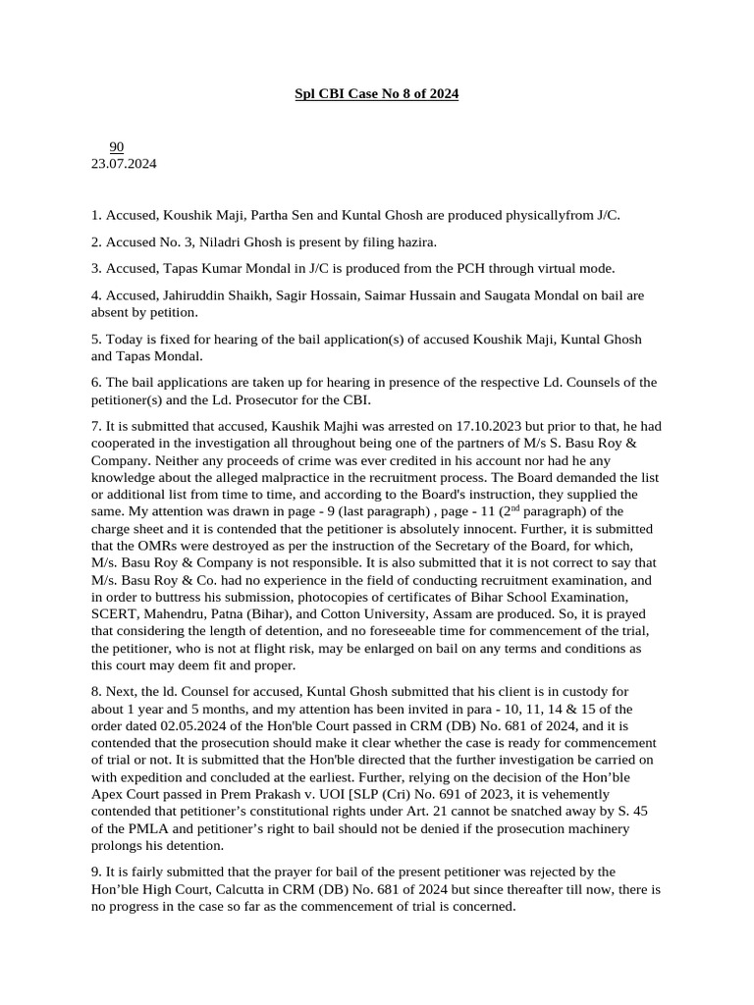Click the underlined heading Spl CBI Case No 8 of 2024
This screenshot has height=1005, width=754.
click(377, 94)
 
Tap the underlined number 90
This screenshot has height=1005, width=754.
click(116, 147)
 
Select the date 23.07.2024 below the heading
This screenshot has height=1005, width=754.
click(124, 164)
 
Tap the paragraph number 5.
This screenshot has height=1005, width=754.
click(95, 340)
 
